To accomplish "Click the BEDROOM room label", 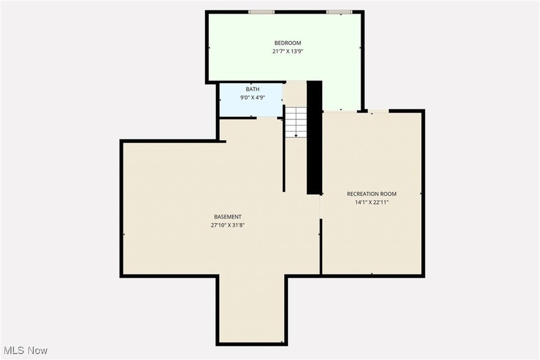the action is [x=287, y=43].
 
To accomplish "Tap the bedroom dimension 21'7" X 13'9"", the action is [x=287, y=51].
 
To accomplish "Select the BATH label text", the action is [x=253, y=89].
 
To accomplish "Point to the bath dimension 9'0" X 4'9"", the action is [x=253, y=98].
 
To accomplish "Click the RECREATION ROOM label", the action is [x=372, y=194].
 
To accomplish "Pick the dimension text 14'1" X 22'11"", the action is [x=372, y=203].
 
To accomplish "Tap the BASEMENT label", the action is [x=228, y=217].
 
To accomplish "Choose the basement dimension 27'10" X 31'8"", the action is [x=228, y=226].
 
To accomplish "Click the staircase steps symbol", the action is [x=295, y=122].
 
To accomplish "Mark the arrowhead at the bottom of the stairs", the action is [x=296, y=136].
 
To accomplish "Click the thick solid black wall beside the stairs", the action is [x=314, y=138].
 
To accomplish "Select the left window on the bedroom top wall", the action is [x=262, y=12].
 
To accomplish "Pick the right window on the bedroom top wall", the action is [x=339, y=12].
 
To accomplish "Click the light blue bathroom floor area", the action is [x=251, y=100].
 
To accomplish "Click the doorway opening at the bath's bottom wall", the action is [x=267, y=118].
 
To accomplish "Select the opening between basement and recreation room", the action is [x=321, y=206].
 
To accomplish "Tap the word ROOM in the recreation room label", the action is [x=390, y=194].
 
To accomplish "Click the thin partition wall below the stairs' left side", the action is [x=283, y=155].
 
